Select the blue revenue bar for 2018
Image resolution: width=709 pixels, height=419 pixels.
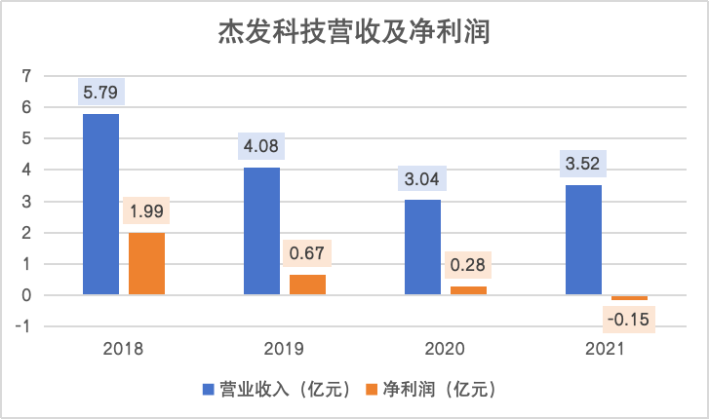point(100,204)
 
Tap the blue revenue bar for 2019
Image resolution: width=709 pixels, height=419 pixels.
point(261,231)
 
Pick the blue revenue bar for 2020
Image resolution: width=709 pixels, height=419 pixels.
point(422,247)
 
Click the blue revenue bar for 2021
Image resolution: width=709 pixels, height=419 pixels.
point(583,240)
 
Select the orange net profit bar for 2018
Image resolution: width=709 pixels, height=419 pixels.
point(146,263)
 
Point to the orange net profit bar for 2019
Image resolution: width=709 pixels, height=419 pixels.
point(307,285)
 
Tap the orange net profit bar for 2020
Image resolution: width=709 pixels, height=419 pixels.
point(468,290)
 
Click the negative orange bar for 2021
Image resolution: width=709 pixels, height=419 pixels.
point(629,297)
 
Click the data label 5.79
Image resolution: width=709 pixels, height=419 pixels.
point(100,95)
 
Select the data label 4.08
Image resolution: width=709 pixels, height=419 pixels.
point(261,148)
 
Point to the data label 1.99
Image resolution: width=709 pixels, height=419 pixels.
point(146,212)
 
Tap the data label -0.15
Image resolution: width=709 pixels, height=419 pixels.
point(629,319)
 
